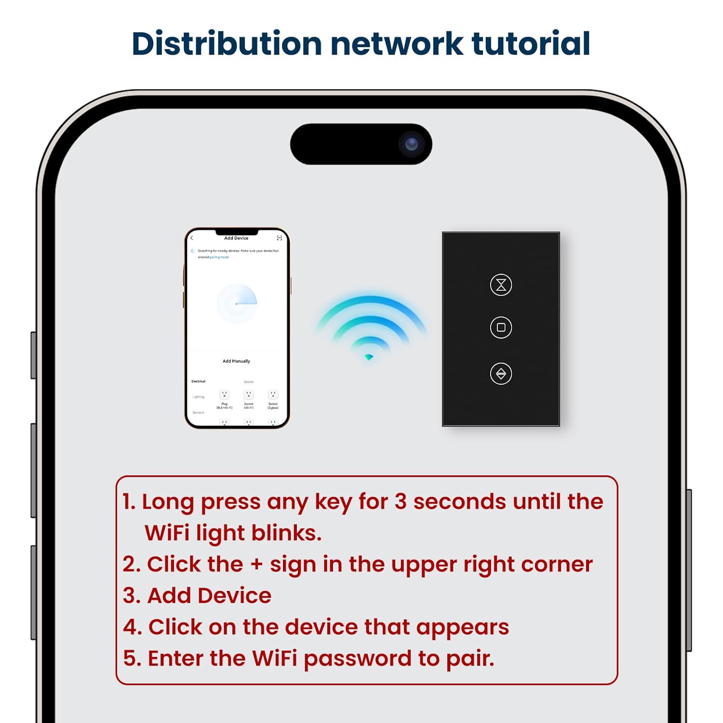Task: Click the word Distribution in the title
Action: pyautogui.click(x=227, y=43)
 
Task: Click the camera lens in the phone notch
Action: pyautogui.click(x=411, y=144)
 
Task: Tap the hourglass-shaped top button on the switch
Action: pyautogui.click(x=501, y=285)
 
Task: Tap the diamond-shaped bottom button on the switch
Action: pyautogui.click(x=501, y=374)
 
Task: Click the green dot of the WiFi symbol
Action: pyautogui.click(x=369, y=357)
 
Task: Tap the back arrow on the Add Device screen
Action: pyautogui.click(x=192, y=238)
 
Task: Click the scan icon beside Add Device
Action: pyautogui.click(x=279, y=238)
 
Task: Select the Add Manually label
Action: pyautogui.click(x=236, y=361)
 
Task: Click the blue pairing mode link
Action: pyautogui.click(x=219, y=257)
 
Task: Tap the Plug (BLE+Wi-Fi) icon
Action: pyautogui.click(x=224, y=395)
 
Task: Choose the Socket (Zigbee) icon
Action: pyautogui.click(x=273, y=395)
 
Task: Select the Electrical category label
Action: pyautogui.click(x=198, y=381)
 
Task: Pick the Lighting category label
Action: pyautogui.click(x=198, y=397)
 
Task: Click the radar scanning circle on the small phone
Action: pyautogui.click(x=236, y=304)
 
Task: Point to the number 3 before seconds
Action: pyautogui.click(x=401, y=502)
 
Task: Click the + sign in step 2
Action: pyautogui.click(x=256, y=564)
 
